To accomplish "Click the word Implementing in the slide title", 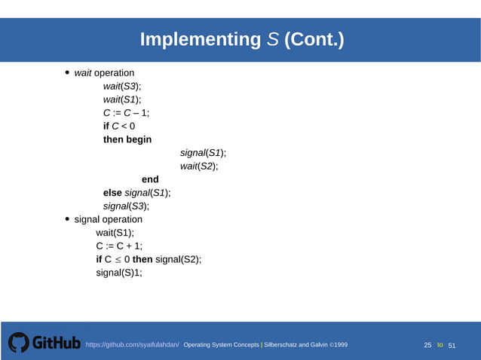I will tap(199, 40).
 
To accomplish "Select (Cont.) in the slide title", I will tap(314, 40).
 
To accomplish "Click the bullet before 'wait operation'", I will tap(67, 73).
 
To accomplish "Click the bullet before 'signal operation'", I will tap(67, 219).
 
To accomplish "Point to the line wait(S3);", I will tap(122, 87).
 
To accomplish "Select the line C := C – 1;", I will tap(126, 113).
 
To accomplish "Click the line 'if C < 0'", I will tap(119, 126).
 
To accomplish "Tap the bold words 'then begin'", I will tap(127, 139).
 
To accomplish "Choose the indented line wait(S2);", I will tap(199, 166).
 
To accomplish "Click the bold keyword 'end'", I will tap(150, 179).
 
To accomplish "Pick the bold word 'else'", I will tap(112, 193).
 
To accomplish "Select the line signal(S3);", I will tap(126, 206).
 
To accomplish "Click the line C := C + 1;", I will tap(119, 246).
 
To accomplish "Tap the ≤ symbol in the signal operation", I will tap(118, 259).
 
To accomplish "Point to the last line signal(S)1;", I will tap(118, 273).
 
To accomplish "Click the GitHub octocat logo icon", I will tap(19, 343).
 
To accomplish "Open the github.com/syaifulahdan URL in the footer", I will tap(132, 345).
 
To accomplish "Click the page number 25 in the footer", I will tap(427, 345).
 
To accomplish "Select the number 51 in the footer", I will tap(452, 345).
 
